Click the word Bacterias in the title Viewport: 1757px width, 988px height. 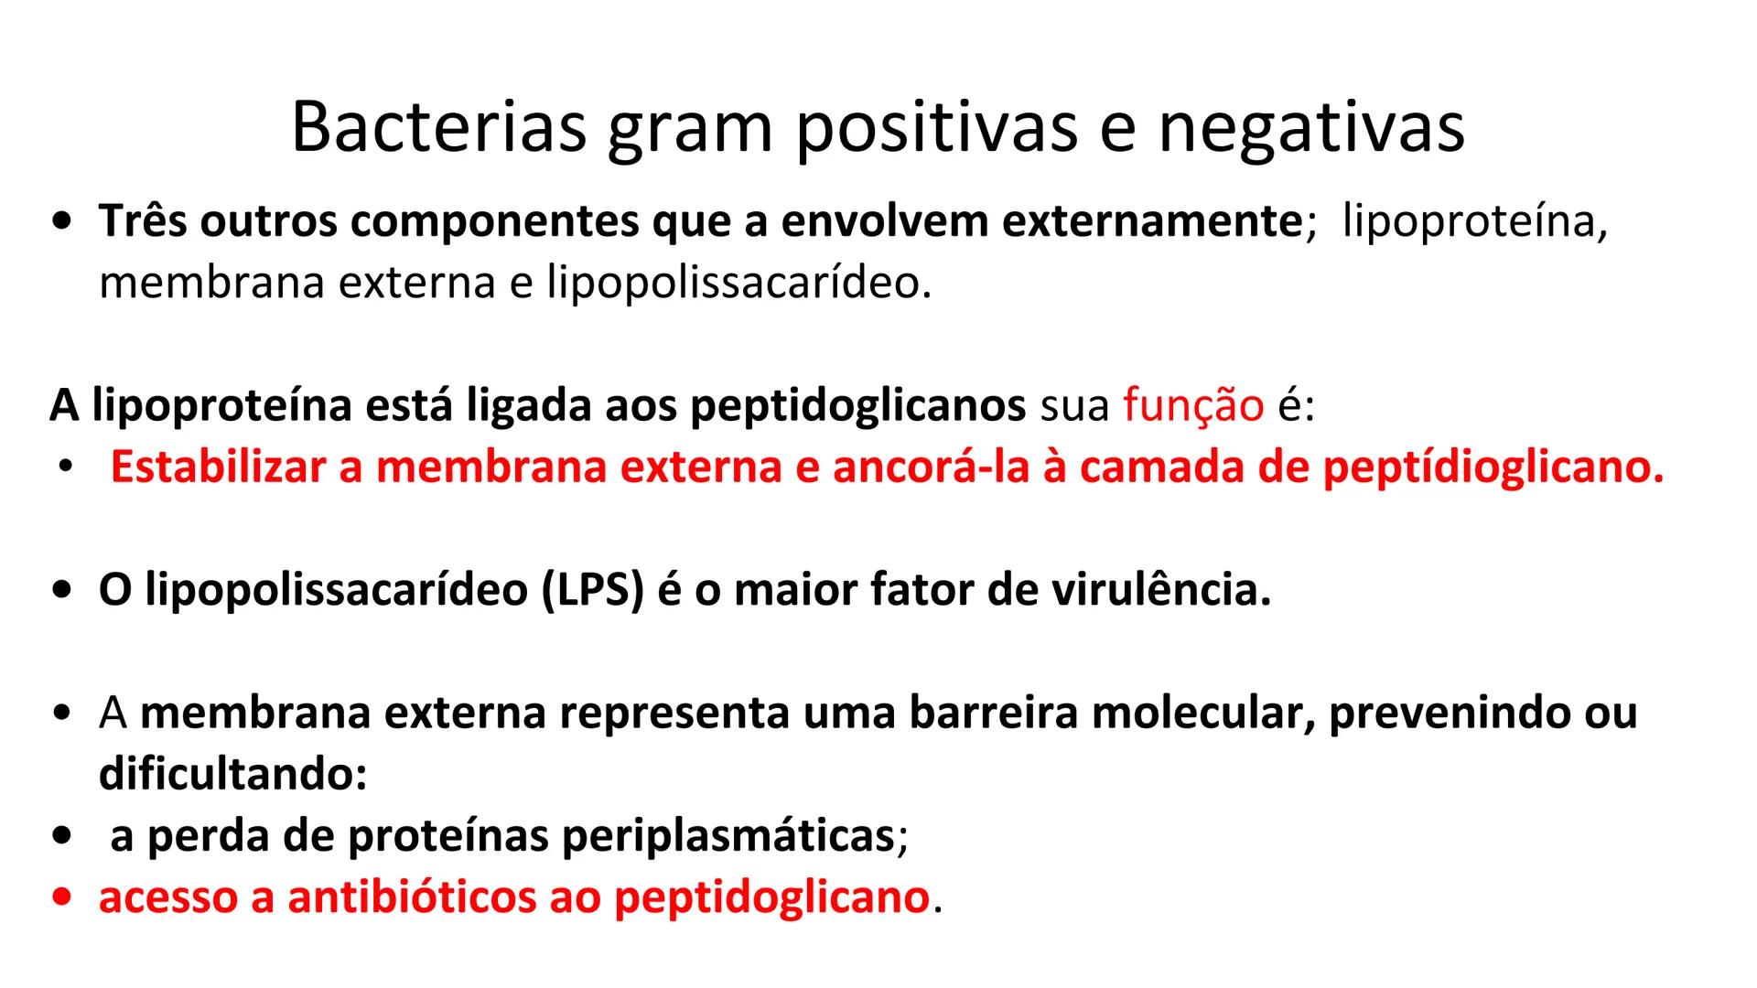[438, 127]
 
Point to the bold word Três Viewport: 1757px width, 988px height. [144, 221]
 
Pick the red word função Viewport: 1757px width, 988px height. [1193, 405]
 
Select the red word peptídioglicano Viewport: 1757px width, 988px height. [1493, 467]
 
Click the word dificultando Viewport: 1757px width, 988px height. [232, 774]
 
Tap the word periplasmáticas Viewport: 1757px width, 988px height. [728, 835]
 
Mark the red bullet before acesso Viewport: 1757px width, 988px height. [62, 897]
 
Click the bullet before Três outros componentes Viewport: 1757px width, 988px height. [62, 221]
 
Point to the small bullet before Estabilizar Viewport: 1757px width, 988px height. [64, 467]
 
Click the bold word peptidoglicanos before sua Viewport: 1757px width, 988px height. [857, 405]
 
